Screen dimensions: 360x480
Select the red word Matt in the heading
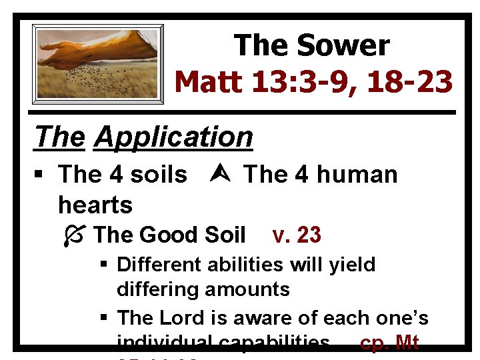[x=209, y=82]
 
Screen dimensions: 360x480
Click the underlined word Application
[x=173, y=137]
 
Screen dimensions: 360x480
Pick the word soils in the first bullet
[x=159, y=175]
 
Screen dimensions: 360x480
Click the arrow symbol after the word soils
[x=215, y=175]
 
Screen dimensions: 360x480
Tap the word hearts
[x=95, y=204]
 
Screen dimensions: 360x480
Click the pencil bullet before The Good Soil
[x=77, y=235]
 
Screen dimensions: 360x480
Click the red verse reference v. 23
[x=297, y=235]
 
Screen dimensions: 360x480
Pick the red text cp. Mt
[x=389, y=343]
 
